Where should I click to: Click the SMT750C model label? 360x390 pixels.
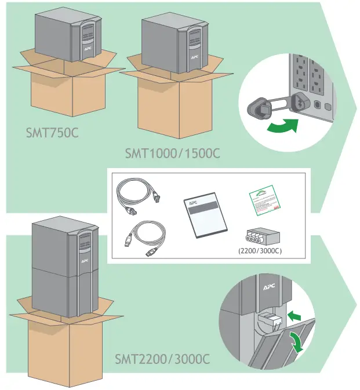point(52,133)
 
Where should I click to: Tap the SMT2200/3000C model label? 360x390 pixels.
point(162,359)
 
